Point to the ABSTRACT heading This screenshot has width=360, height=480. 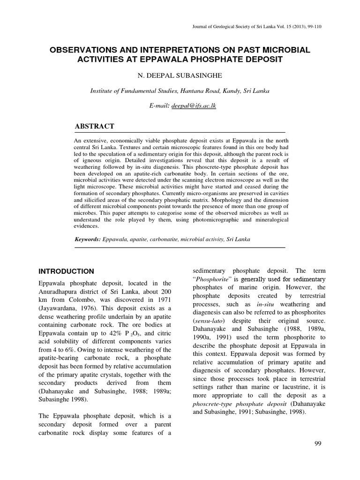tap(95, 127)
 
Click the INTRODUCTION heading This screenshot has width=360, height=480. tap(66, 271)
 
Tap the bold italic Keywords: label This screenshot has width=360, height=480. tap(88, 240)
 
